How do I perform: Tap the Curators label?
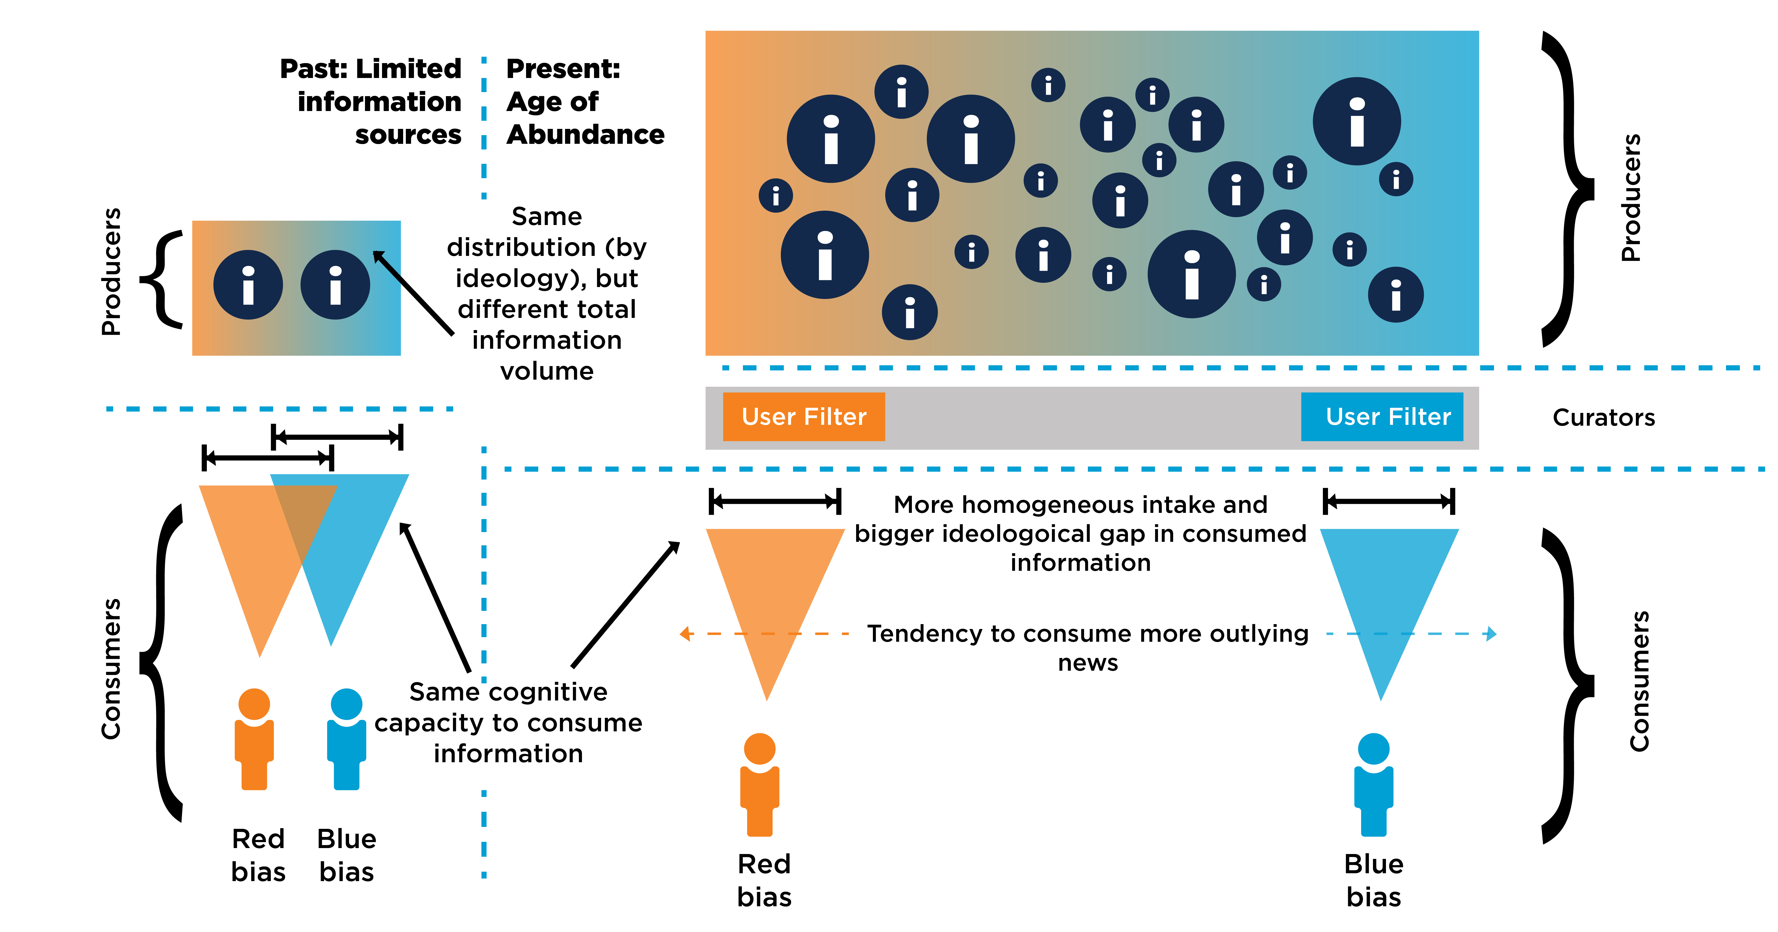[1603, 418]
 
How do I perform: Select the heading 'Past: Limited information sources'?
[373, 102]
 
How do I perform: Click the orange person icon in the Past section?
[254, 739]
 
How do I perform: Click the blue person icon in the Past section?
[347, 739]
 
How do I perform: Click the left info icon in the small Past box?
[248, 284]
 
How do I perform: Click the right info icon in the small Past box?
[335, 284]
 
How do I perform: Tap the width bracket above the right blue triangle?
[1389, 501]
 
